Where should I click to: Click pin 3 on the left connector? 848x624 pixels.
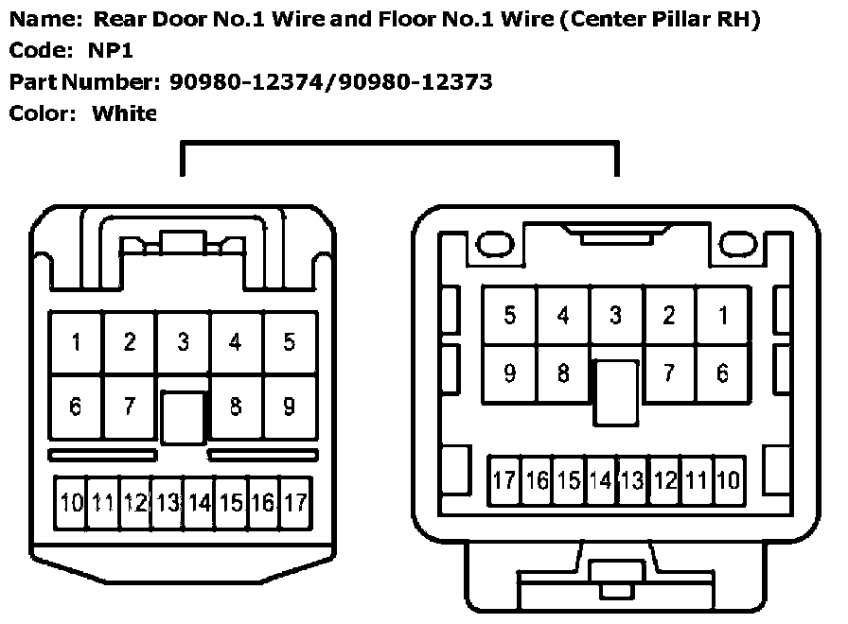183,342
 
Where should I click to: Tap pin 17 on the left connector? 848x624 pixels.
295,502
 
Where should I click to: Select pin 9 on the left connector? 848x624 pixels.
289,407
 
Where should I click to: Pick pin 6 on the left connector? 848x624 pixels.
76,407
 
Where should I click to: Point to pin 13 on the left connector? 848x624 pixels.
168,502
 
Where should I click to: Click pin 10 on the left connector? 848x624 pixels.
72,502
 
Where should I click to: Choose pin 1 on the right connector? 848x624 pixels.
722,316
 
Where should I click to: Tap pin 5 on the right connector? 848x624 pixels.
510,316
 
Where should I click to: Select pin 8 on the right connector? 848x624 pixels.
563,373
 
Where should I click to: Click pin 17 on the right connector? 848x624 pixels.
504,480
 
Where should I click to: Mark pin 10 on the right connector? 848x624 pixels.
727,480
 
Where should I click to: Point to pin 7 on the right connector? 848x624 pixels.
669,373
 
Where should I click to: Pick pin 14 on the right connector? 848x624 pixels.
600,480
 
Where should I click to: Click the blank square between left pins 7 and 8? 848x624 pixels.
183,417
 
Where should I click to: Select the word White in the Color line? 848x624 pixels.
124,113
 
